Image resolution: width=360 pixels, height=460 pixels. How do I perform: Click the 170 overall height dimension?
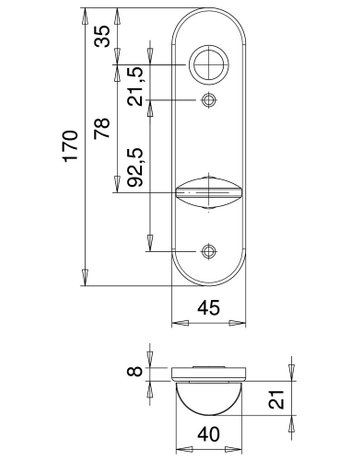point(71,146)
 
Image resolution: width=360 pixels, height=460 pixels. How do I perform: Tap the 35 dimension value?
point(102,36)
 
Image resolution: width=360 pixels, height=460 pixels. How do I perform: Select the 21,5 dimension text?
point(136,86)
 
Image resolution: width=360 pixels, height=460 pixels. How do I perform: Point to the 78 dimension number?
point(102,128)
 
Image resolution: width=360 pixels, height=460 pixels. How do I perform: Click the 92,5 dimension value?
point(136,166)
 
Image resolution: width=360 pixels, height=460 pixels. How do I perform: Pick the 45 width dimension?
point(209,307)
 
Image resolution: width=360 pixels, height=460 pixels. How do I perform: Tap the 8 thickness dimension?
point(135,371)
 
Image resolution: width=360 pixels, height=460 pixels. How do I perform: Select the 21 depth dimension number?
point(276,399)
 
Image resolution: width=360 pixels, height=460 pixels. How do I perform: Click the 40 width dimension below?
point(209,434)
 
